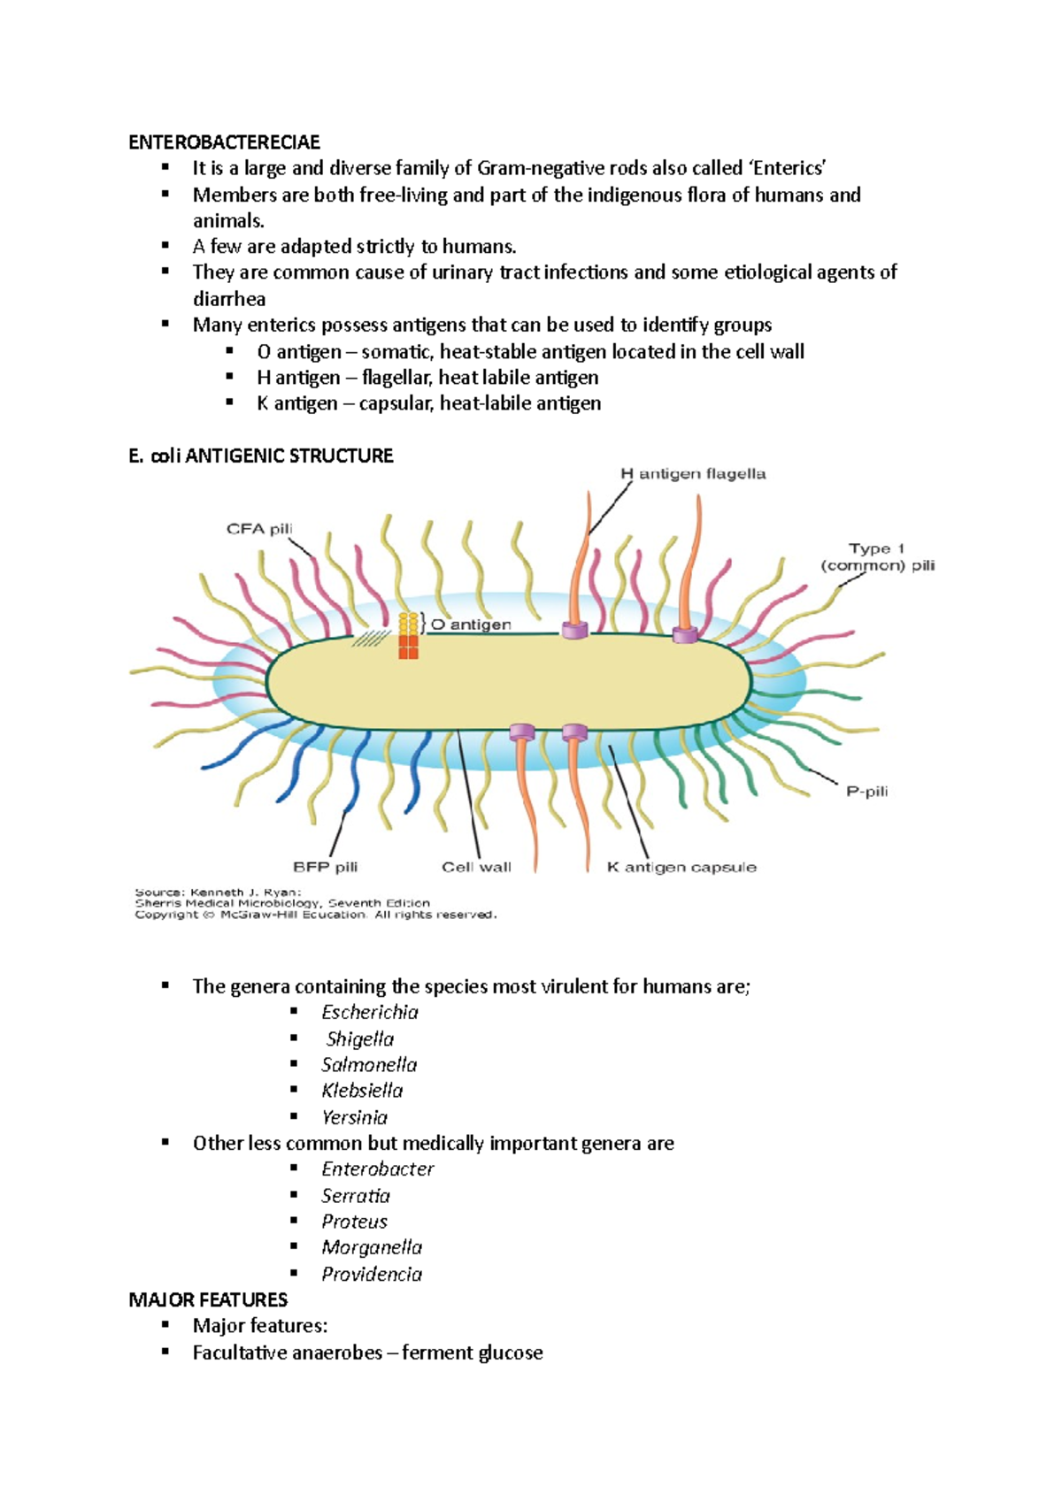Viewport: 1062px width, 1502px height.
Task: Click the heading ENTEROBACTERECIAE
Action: click(x=224, y=142)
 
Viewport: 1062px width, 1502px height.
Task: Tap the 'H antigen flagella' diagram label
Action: click(x=693, y=474)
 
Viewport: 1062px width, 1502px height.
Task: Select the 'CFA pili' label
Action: click(x=259, y=529)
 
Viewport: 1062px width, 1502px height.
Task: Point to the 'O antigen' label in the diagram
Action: click(x=471, y=625)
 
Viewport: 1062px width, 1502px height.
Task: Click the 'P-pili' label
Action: click(x=866, y=792)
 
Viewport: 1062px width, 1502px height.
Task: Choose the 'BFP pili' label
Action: click(x=325, y=867)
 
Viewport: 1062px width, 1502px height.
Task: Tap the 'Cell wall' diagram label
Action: click(x=476, y=867)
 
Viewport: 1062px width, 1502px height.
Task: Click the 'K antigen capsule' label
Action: click(x=681, y=867)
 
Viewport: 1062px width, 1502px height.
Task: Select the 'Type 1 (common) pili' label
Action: click(x=877, y=557)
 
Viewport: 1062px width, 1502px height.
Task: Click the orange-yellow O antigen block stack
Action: click(x=408, y=636)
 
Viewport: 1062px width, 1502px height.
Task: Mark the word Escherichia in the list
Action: click(x=370, y=1013)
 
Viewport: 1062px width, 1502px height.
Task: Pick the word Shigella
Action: click(x=360, y=1039)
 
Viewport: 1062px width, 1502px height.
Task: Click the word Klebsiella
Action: click(x=362, y=1091)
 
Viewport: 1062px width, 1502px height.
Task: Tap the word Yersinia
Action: click(x=354, y=1117)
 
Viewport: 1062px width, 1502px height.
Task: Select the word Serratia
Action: click(x=356, y=1196)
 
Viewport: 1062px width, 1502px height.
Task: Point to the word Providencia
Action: click(x=372, y=1275)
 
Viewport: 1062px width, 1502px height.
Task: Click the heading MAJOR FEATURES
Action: click(x=208, y=1300)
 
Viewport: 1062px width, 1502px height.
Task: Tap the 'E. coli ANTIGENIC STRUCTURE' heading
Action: click(x=261, y=456)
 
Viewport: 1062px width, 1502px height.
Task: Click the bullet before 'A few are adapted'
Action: click(x=165, y=245)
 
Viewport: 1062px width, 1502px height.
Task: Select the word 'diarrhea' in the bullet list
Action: click(x=229, y=299)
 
